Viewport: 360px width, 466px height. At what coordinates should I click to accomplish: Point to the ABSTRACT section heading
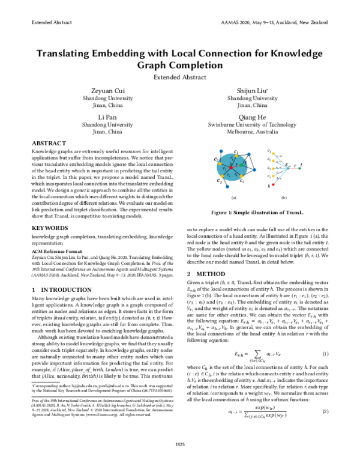pyautogui.click(x=49, y=145)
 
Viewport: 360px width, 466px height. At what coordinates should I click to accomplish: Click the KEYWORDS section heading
pyautogui.click(x=50, y=229)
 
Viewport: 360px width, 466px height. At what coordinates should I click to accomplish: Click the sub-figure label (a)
pyautogui.click(x=233, y=197)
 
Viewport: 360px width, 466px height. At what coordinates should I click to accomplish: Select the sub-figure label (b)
pyautogui.click(x=284, y=197)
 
